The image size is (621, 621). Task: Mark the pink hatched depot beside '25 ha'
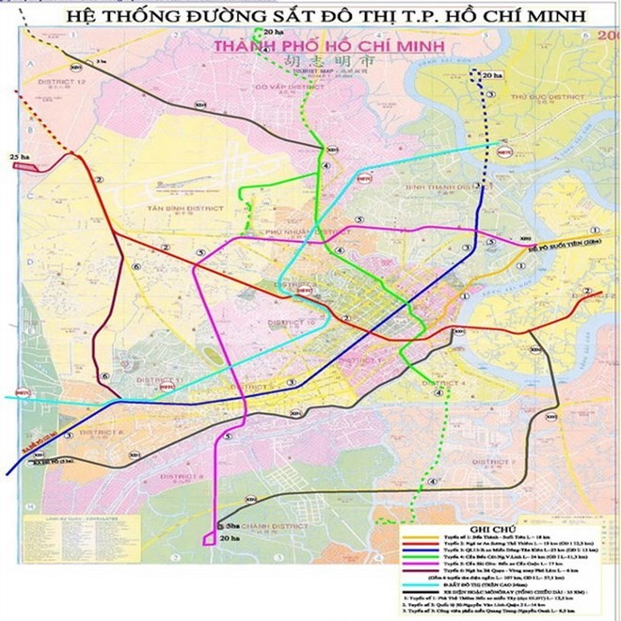[x=28, y=166]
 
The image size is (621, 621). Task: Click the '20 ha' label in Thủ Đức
[x=491, y=74]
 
